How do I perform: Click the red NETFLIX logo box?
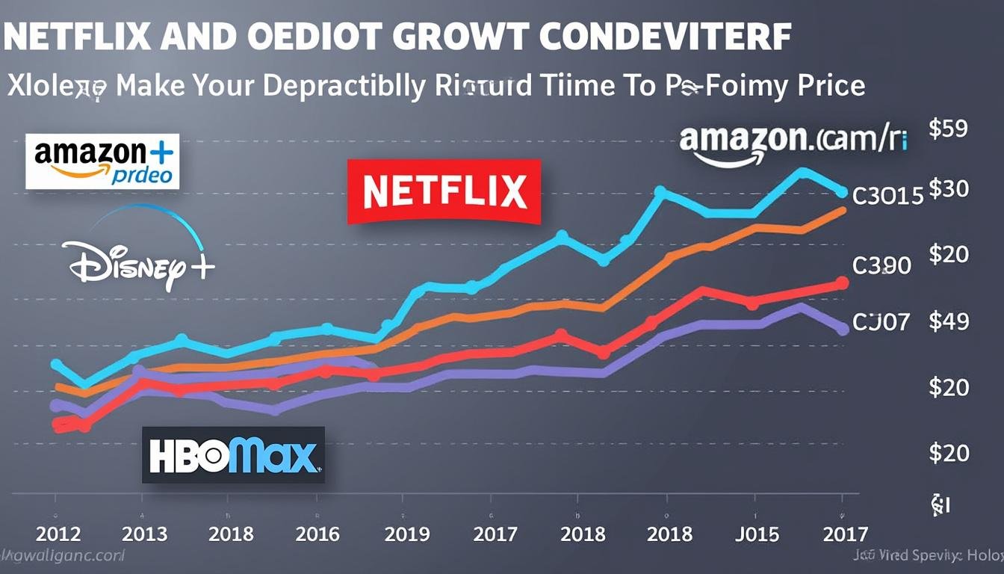pos(444,191)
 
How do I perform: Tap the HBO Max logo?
pos(233,455)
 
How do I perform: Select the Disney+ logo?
pos(139,259)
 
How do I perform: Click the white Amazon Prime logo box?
pos(102,161)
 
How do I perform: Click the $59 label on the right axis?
pos(948,129)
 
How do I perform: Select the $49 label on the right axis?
pos(948,322)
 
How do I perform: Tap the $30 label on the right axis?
pos(948,189)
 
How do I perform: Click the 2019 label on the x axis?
pos(408,534)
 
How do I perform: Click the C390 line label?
pos(881,265)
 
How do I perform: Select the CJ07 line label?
pos(881,322)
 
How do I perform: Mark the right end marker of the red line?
pos(842,283)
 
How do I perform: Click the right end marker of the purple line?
pos(842,328)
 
